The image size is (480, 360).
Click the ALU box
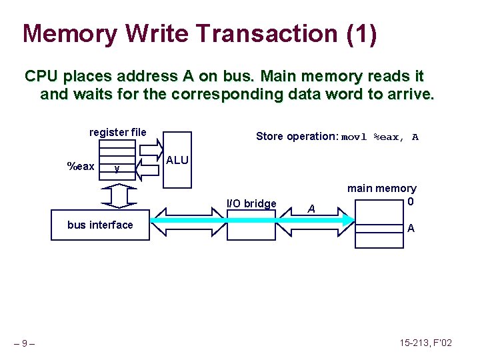coord(177,160)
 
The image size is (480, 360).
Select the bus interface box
coord(100,225)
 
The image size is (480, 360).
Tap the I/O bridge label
coord(251,203)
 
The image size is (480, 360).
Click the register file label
coord(118,132)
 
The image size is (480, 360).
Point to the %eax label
coord(81,166)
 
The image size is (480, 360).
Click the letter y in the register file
coord(117,169)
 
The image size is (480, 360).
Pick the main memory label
coord(382,189)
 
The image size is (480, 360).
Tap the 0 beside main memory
coord(411,201)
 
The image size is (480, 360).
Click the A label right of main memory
coord(411,228)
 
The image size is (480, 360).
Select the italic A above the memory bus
coord(311,209)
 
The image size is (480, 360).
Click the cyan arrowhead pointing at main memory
coord(349,220)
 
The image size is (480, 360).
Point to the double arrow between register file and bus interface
coord(119,196)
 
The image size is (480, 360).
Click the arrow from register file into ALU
coord(151,150)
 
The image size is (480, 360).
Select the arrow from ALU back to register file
coord(147,170)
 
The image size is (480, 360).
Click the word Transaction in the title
coord(267,33)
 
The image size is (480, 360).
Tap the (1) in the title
coord(361,34)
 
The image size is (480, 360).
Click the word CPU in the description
coord(41,76)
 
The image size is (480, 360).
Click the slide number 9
coord(25,343)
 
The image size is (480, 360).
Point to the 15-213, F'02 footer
coord(426,343)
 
